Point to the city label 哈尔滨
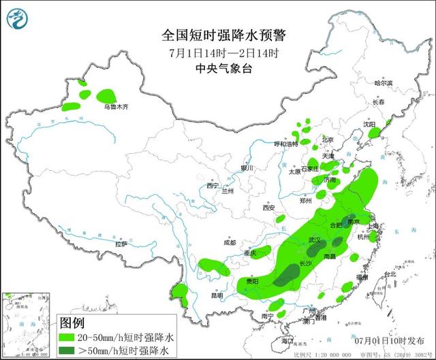coord(384,82)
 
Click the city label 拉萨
coord(121,244)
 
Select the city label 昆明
coord(217,296)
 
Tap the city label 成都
coord(228,242)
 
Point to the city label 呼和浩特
coord(285,144)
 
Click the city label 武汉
coord(314,240)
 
